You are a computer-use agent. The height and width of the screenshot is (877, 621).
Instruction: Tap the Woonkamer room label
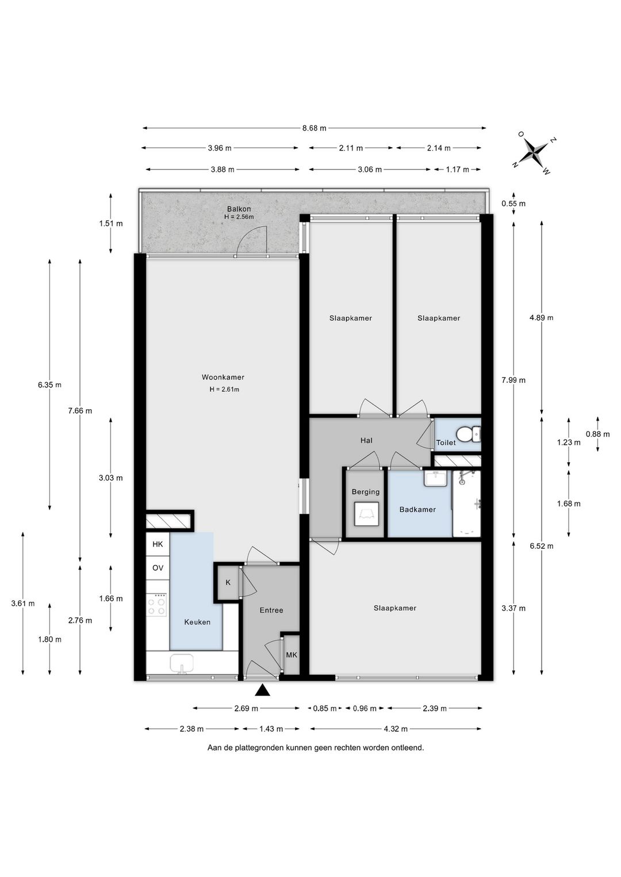(x=223, y=378)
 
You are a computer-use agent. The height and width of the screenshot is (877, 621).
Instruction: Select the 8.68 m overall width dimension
(x=314, y=128)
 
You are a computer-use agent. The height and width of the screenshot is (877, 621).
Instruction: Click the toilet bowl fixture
(x=469, y=434)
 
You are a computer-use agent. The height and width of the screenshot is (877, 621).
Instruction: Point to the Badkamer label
(x=417, y=509)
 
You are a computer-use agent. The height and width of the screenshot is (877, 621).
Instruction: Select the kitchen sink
(x=182, y=664)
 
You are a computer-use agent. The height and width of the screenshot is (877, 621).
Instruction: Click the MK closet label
(x=292, y=655)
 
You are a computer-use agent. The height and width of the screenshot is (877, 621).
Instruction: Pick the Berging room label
(x=366, y=492)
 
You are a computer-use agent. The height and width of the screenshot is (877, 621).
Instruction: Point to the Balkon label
(x=239, y=209)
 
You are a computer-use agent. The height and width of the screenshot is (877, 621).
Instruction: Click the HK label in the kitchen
(x=158, y=544)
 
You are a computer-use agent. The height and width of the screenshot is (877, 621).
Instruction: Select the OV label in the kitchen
(x=158, y=568)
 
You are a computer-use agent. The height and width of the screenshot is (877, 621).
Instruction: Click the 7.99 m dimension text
(x=513, y=380)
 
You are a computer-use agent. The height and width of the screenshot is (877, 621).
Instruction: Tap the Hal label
(x=366, y=440)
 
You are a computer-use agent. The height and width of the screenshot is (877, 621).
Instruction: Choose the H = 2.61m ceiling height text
(x=224, y=389)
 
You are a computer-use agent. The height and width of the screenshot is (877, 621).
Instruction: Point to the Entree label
(x=271, y=610)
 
